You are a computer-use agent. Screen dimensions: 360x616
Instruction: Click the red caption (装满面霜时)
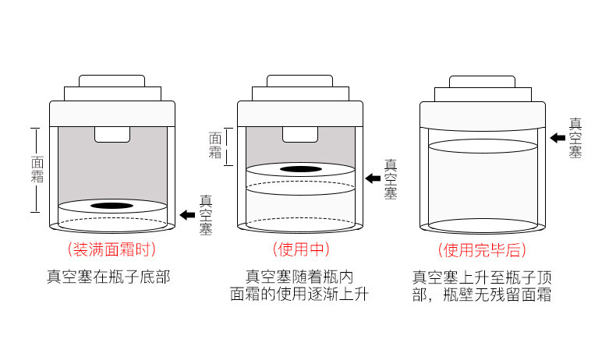click(112, 250)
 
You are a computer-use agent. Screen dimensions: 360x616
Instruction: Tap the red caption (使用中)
click(300, 250)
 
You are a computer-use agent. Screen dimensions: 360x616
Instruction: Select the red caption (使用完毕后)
click(482, 250)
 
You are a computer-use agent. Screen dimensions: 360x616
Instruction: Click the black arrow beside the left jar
click(186, 214)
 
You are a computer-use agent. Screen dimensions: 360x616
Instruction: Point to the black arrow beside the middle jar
click(373, 178)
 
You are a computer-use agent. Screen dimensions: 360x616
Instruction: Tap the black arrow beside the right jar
click(558, 138)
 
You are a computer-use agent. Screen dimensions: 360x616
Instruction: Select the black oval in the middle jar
click(300, 169)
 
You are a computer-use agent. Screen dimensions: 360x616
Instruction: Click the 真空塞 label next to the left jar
click(206, 215)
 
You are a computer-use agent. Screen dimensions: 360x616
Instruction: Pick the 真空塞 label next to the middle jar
click(391, 179)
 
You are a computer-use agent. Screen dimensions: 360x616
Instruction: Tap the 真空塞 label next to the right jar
click(575, 139)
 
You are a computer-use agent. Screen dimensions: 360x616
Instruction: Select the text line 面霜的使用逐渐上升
click(299, 295)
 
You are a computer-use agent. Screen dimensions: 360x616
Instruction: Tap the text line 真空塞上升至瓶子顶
click(482, 276)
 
